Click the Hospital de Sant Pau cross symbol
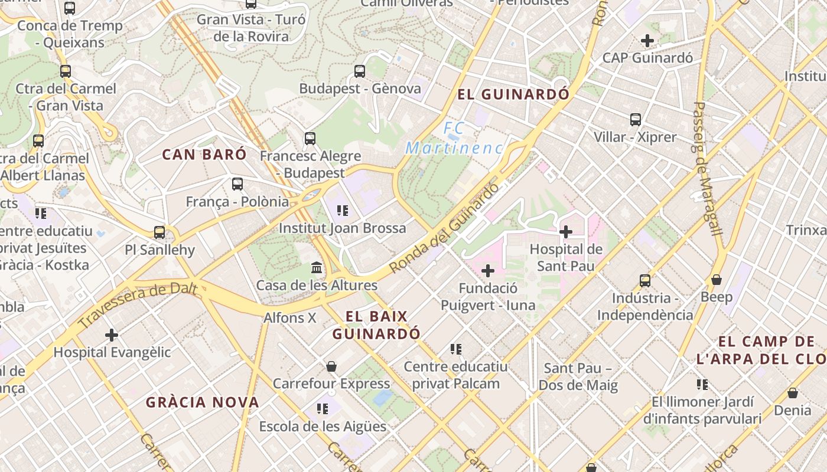pos(566,232)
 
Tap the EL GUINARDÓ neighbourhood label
pos(513,94)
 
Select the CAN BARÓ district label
pos(204,155)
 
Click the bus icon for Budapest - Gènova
pos(360,71)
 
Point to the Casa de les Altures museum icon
pos(317,268)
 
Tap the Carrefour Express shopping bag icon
pos(331,366)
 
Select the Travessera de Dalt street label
pos(137,305)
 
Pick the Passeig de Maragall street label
pos(707,169)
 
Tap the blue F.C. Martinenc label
pos(454,138)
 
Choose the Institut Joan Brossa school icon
pos(342,210)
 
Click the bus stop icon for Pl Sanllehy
pos(159,232)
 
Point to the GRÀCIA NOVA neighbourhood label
pos(203,402)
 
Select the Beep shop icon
pos(717,280)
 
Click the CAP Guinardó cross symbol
pos(647,41)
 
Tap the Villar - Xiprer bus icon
pos(636,120)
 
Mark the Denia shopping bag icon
pos(793,392)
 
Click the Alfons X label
pos(290,318)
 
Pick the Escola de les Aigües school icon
pos(323,408)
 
